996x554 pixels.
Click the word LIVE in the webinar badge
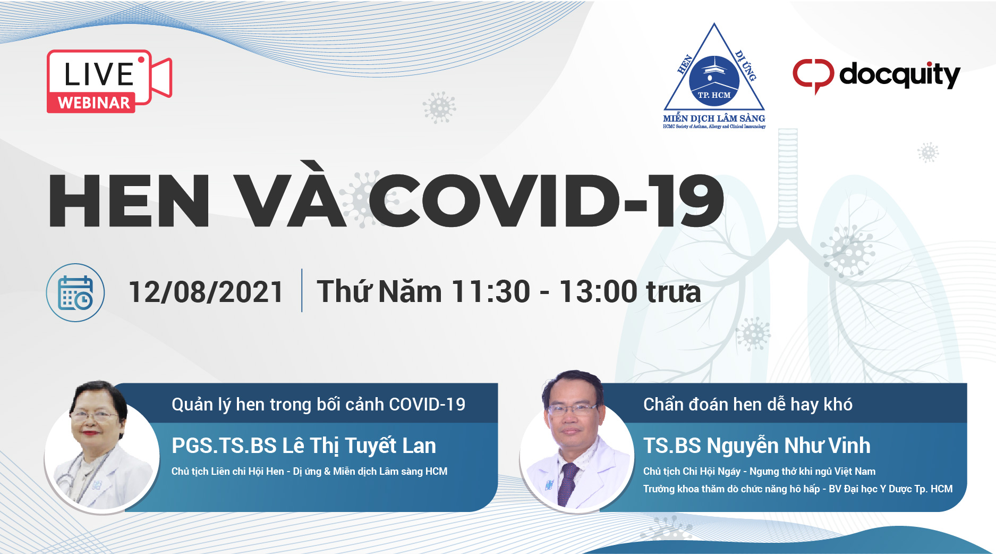99,74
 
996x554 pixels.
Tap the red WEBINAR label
93,103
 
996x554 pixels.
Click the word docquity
899,74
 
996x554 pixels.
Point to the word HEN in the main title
129,201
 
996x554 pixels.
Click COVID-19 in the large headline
546,201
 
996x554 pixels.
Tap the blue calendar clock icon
75,292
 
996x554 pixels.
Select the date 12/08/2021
206,292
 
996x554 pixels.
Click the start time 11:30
491,292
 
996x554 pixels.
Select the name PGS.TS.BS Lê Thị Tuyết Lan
304,446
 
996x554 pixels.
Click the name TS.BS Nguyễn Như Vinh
757,446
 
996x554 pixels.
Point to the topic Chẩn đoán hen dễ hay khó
748,405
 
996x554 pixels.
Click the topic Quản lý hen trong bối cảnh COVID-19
318,405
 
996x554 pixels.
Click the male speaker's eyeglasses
572,408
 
